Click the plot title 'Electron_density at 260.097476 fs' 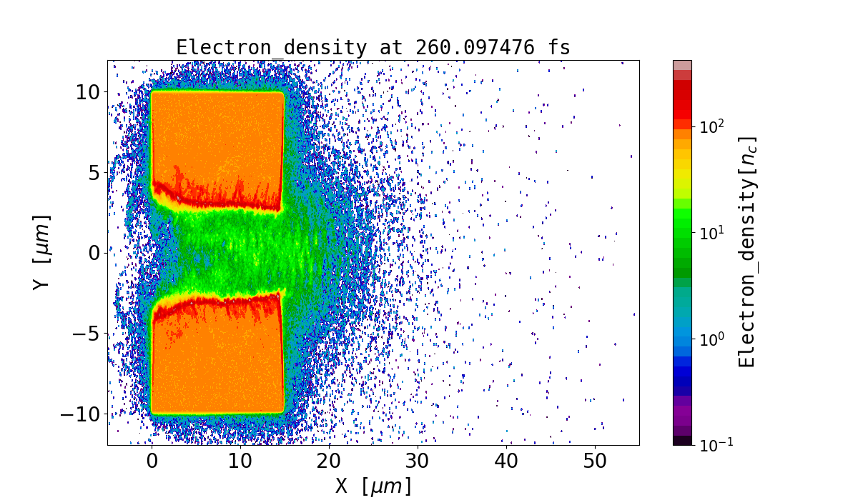coord(373,48)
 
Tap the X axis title coord(373,486)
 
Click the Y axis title coord(43,251)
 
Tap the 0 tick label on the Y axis coord(93,253)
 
